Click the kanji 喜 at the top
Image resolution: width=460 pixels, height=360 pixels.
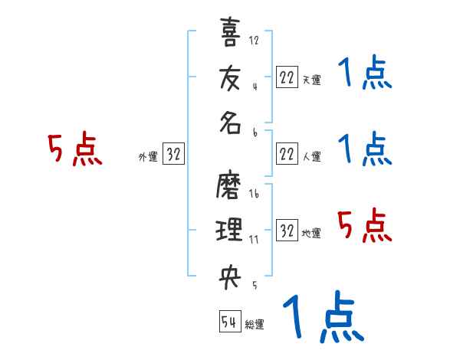tap(230, 33)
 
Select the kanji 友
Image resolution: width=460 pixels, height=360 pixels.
tap(230, 80)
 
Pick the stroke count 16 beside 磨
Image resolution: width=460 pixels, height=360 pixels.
tap(255, 195)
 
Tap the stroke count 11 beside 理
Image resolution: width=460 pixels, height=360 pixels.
tap(254, 240)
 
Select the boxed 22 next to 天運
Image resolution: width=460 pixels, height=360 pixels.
tap(287, 77)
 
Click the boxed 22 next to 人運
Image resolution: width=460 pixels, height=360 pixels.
tap(287, 155)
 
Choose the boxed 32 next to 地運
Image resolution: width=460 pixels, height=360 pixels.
tap(287, 231)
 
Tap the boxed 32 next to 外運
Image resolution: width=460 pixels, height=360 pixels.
tap(173, 155)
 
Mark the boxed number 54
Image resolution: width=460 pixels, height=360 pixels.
tap(228, 322)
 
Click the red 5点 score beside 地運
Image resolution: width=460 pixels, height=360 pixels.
tap(365, 226)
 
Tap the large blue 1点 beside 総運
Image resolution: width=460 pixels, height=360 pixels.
tap(322, 318)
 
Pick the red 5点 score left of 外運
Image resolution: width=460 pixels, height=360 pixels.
tap(75, 149)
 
